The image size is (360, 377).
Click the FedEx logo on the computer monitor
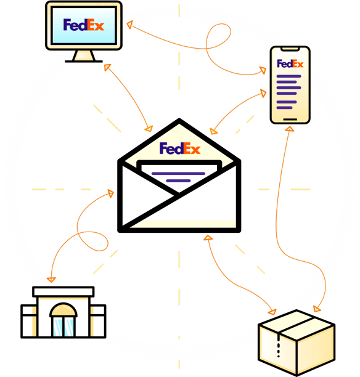click(x=83, y=25)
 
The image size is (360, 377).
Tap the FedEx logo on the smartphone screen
click(x=290, y=63)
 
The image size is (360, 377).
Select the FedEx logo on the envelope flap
click(x=180, y=148)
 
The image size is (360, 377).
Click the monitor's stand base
click(x=84, y=62)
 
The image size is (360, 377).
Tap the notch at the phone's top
click(x=290, y=49)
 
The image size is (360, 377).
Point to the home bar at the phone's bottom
click(x=290, y=119)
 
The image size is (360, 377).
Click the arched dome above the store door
click(x=63, y=310)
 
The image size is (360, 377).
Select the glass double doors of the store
click(x=63, y=327)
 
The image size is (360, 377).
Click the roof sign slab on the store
click(x=63, y=291)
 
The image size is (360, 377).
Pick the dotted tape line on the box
click(x=279, y=346)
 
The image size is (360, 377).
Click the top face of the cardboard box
click(x=297, y=325)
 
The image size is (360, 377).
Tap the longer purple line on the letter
click(x=178, y=173)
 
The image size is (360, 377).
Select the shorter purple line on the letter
click(x=178, y=180)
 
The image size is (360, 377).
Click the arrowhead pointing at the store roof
click(x=51, y=280)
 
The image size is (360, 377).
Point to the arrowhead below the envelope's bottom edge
click(x=208, y=238)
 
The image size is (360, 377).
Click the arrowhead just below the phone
click(x=290, y=129)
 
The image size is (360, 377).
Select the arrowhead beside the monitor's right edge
click(x=129, y=25)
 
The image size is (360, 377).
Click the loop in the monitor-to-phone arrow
click(x=218, y=36)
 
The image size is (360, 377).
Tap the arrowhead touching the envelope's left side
click(x=111, y=193)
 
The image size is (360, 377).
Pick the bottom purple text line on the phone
click(x=284, y=108)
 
